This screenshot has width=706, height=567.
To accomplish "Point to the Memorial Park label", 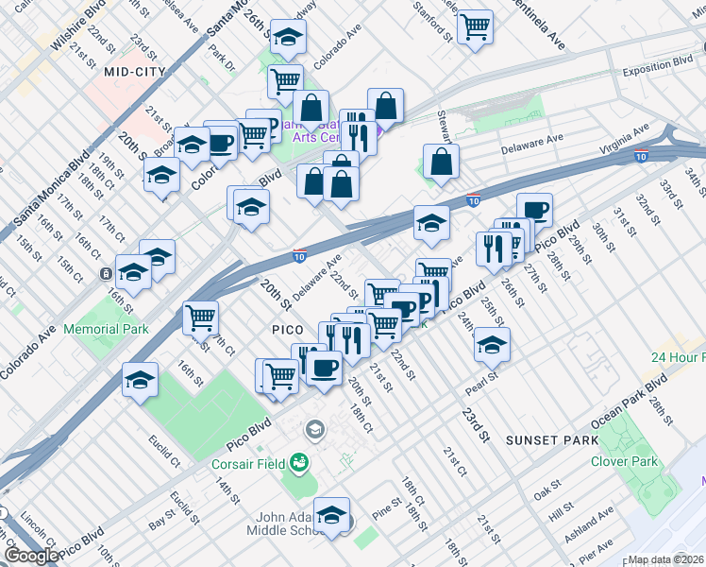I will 106,330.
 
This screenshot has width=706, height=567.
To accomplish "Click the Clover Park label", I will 623,461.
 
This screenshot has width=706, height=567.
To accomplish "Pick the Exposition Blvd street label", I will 657,72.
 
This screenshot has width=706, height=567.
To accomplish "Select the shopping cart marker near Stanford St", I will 476,26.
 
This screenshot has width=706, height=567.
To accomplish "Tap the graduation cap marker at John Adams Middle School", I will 331,515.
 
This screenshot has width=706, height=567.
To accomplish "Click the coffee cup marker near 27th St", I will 534,209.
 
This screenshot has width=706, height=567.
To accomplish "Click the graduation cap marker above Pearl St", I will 492,345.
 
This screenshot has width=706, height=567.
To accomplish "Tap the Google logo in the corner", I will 30,556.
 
